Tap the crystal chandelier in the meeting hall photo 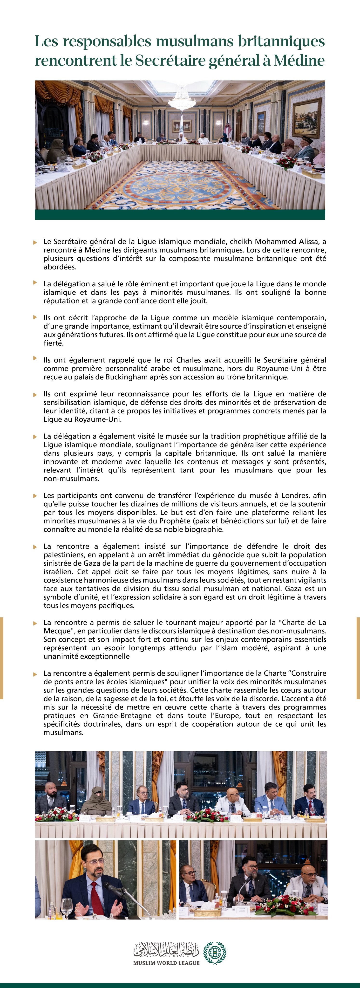click(x=180, y=99)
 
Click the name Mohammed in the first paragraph click(x=274, y=242)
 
